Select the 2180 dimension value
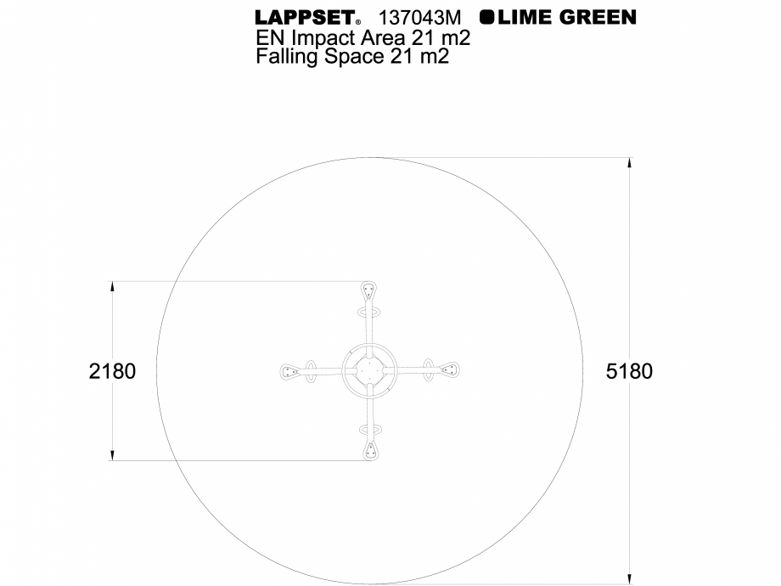click(112, 371)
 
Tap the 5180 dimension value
click(629, 371)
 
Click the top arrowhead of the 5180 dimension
click(629, 164)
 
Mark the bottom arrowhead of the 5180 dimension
click(629, 578)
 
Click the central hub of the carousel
click(369, 371)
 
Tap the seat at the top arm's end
click(369, 290)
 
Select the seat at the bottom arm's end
click(369, 451)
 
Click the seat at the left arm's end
click(290, 371)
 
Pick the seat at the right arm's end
click(449, 370)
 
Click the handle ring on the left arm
click(311, 371)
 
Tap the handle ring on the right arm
click(429, 370)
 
